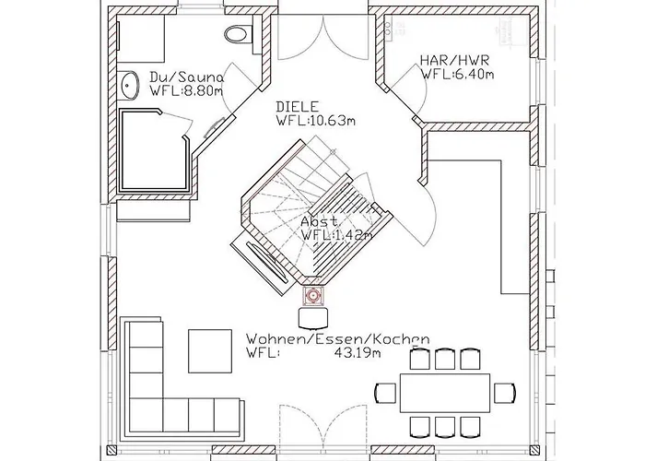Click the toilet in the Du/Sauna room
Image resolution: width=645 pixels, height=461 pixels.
pyautogui.click(x=239, y=33)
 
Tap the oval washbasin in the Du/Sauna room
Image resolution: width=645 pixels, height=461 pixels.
pyautogui.click(x=130, y=86)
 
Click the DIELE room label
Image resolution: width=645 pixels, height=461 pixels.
pyautogui.click(x=297, y=107)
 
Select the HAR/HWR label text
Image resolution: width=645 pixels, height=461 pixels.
pyautogui.click(x=454, y=60)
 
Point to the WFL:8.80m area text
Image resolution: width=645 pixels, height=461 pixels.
pyautogui.click(x=186, y=91)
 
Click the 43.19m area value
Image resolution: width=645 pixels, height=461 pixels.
pyautogui.click(x=358, y=353)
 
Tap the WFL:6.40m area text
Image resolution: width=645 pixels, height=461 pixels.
pyautogui.click(x=457, y=75)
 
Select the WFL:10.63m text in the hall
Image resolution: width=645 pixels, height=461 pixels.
pyautogui.click(x=316, y=121)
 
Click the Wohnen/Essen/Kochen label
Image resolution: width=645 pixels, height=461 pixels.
pyautogui.click(x=338, y=339)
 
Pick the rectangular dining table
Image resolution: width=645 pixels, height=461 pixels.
pyautogui.click(x=445, y=393)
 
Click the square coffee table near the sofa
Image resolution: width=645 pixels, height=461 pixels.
pyautogui.click(x=210, y=351)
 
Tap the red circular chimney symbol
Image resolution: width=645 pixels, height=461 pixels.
pyautogui.click(x=313, y=296)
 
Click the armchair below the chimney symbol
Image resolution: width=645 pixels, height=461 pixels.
pyautogui.click(x=313, y=318)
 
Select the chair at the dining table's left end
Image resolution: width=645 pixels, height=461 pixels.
pyautogui.click(x=385, y=393)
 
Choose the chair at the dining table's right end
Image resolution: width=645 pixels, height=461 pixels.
pyautogui.click(x=505, y=393)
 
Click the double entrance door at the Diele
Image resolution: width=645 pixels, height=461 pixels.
pyautogui.click(x=323, y=38)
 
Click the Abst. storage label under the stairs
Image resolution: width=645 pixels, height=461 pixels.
pyautogui.click(x=321, y=221)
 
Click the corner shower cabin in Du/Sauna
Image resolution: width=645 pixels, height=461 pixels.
pyautogui.click(x=154, y=150)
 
